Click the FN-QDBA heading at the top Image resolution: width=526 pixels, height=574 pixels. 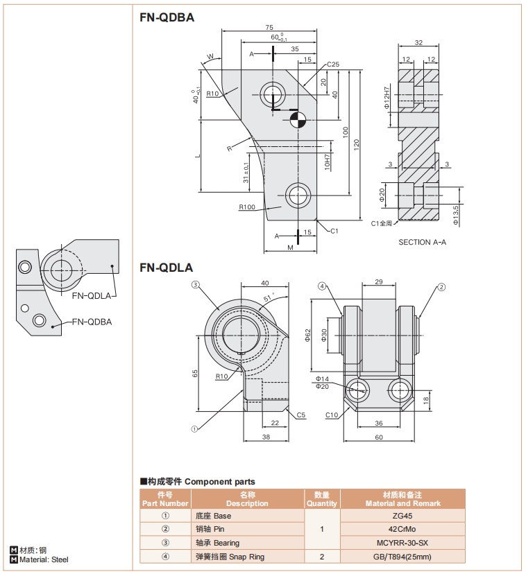167,17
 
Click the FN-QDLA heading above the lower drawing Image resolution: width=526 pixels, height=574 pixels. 166,268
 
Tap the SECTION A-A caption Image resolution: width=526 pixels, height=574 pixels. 422,242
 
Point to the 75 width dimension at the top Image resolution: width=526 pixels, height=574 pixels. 269,27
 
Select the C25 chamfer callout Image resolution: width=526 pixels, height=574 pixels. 333,64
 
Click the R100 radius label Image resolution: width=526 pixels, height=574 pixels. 246,207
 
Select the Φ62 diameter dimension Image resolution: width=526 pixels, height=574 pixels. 307,335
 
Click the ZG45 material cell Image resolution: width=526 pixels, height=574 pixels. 403,516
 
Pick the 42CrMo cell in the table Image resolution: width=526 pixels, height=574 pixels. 403,529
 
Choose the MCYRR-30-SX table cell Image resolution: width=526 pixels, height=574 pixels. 403,543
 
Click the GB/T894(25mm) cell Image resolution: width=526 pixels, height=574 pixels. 403,556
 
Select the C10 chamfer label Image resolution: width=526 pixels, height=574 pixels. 332,415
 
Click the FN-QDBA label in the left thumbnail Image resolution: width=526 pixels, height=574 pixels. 92,321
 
